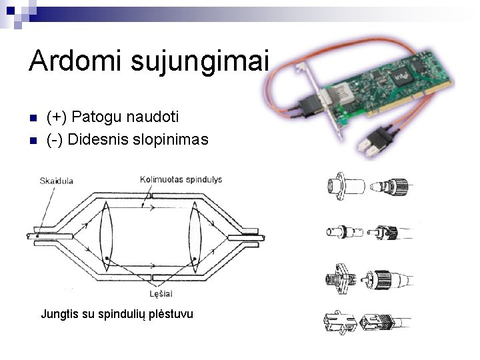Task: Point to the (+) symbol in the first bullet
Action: pos(57,117)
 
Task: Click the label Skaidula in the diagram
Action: pos(57,180)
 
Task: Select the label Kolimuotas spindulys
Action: pos(181,179)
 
